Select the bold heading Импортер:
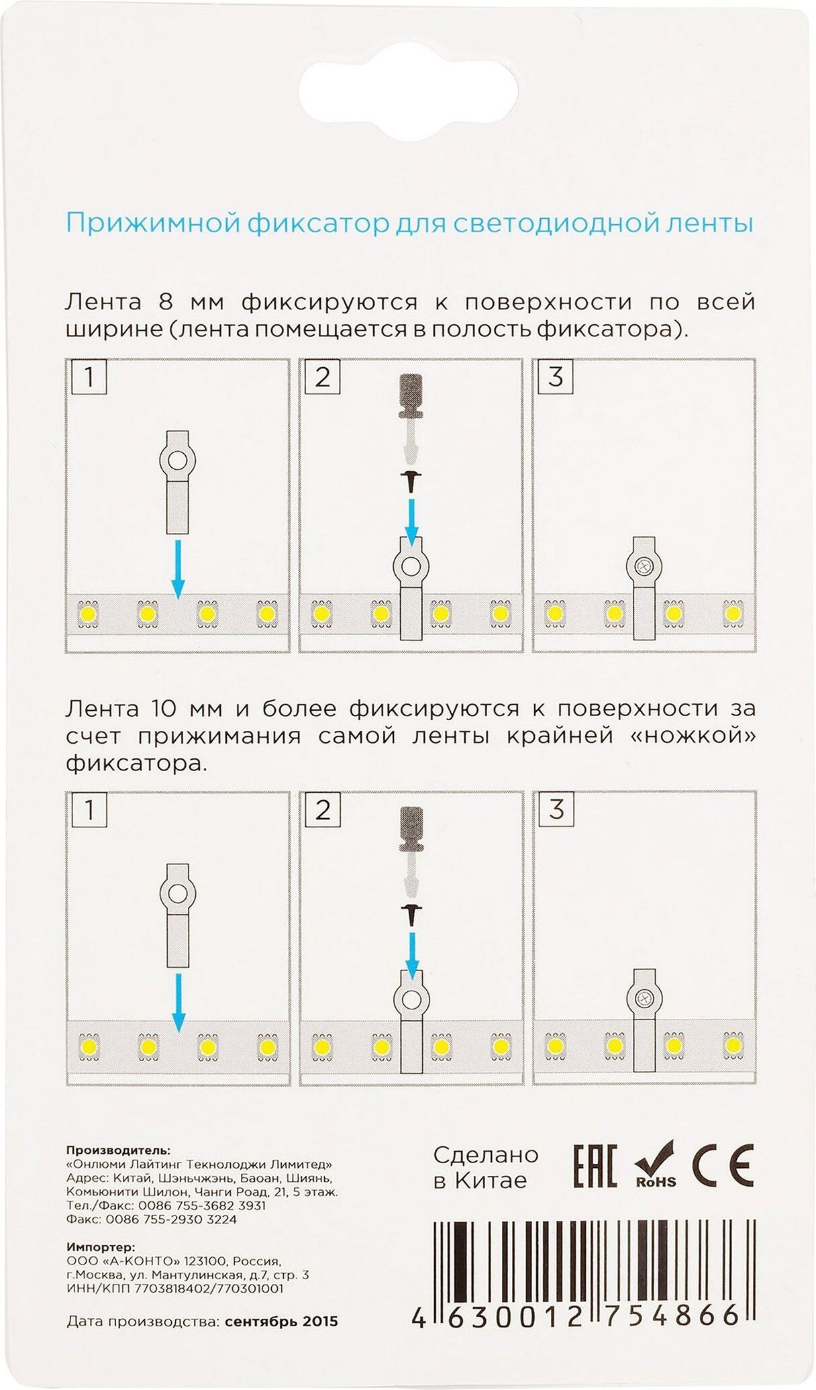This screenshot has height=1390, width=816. (101, 1247)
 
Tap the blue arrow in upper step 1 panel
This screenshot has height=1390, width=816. (177, 569)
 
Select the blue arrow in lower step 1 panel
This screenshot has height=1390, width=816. (177, 1003)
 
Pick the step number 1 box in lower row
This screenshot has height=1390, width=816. (89, 810)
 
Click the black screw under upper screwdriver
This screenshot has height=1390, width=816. (410, 482)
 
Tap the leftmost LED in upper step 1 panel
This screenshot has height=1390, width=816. (88, 613)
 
